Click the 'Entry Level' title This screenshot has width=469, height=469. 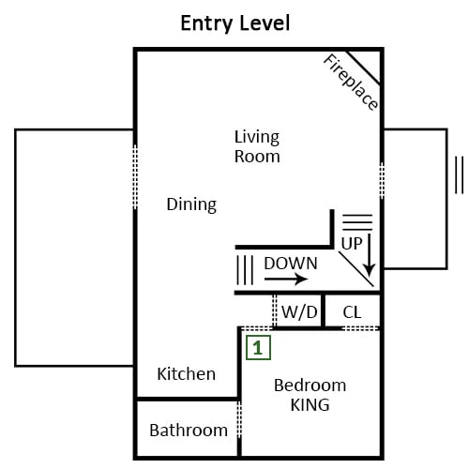click(x=235, y=23)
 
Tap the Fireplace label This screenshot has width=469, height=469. click(x=350, y=83)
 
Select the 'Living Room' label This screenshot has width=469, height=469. click(x=257, y=146)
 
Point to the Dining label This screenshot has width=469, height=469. click(x=191, y=204)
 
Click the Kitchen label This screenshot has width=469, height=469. click(x=187, y=374)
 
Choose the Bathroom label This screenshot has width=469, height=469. click(x=189, y=431)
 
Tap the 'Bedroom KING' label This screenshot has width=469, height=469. click(x=310, y=395)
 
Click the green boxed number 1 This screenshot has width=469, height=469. click(x=258, y=348)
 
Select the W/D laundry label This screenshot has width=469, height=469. click(x=299, y=312)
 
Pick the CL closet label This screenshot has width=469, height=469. click(x=352, y=312)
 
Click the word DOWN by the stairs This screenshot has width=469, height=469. click(x=291, y=264)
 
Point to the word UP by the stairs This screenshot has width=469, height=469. click(x=352, y=243)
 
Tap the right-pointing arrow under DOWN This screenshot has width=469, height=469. click(x=286, y=279)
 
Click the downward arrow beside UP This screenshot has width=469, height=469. click(x=370, y=255)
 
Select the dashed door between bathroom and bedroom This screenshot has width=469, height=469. click(x=239, y=419)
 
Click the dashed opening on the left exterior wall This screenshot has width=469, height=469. click(x=135, y=177)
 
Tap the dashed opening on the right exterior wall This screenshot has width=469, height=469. click(x=382, y=181)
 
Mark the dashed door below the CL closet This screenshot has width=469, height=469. click(x=361, y=328)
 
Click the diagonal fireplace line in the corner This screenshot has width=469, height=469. click(x=363, y=68)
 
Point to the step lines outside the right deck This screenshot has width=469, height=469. click(x=459, y=175)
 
